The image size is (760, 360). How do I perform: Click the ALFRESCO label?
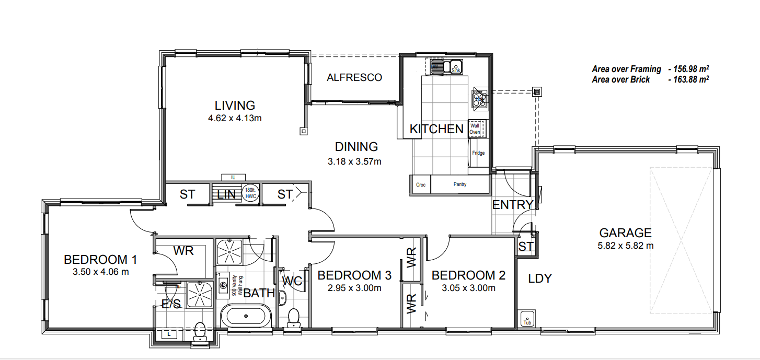point(354,78)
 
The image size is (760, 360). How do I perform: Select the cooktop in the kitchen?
point(479,99)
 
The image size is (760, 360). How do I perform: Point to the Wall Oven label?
point(475,129)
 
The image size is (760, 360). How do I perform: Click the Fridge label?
point(478,153)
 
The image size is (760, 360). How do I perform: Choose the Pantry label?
point(460,184)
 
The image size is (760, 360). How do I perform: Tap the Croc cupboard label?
point(421,185)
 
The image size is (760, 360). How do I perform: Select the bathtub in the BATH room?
point(245,317)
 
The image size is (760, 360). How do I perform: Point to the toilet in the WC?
point(293,317)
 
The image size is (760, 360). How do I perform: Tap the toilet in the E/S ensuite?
point(199,331)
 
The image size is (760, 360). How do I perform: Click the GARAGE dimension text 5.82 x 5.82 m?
point(625,246)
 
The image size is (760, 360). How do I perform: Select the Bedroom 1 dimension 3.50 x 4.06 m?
point(100,272)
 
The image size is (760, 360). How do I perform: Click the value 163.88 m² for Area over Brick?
point(688,79)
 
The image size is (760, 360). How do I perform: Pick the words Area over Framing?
point(626,69)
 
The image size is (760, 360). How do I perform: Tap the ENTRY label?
point(512,205)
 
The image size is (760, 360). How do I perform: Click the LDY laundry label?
point(539,278)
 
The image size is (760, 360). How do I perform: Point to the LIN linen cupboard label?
point(226,195)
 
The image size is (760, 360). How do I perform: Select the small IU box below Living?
point(233,178)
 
